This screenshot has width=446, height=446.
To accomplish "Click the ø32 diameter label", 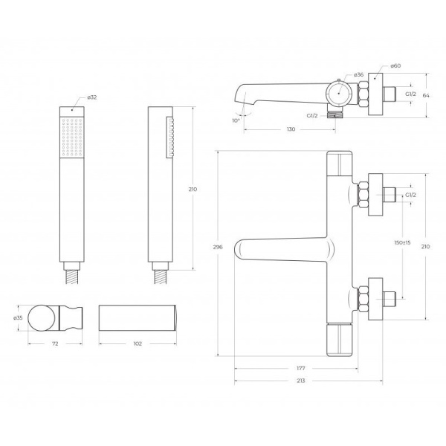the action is click(x=92, y=97).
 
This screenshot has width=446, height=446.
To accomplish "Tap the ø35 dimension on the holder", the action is click(x=18, y=317).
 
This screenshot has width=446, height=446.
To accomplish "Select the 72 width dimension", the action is click(x=55, y=343).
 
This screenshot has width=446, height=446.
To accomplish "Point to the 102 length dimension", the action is click(x=138, y=343).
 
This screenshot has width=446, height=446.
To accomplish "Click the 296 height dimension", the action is click(x=218, y=247).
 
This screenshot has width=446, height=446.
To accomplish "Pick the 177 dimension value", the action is click(x=300, y=369).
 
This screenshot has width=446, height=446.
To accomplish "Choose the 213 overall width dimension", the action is click(x=300, y=381).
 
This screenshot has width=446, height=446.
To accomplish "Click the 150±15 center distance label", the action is click(x=402, y=242).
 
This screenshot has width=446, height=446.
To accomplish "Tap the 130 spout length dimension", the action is click(x=291, y=129).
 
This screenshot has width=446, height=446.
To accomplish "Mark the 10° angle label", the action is click(x=236, y=120).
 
